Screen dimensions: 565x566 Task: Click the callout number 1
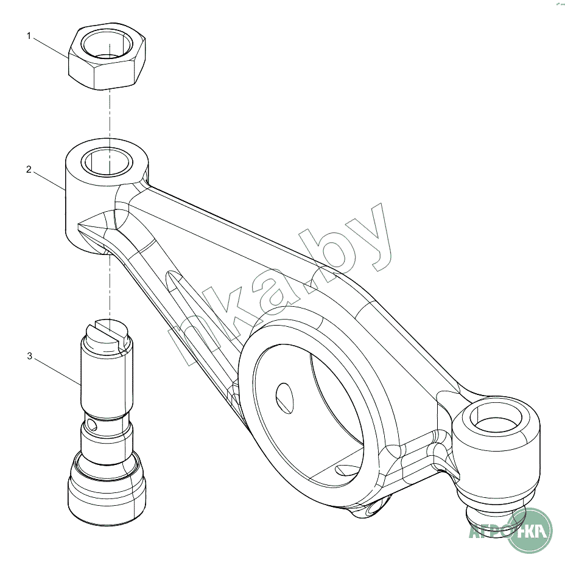point(29,36)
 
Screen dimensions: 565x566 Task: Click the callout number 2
point(29,169)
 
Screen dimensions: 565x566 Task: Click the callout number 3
point(30,356)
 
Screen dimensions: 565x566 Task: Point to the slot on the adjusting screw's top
point(108,332)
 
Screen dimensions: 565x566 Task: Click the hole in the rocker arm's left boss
point(107,162)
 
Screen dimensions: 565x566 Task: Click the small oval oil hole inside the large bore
point(284,399)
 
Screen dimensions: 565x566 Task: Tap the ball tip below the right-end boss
point(491,519)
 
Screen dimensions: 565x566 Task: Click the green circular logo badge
point(529,530)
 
